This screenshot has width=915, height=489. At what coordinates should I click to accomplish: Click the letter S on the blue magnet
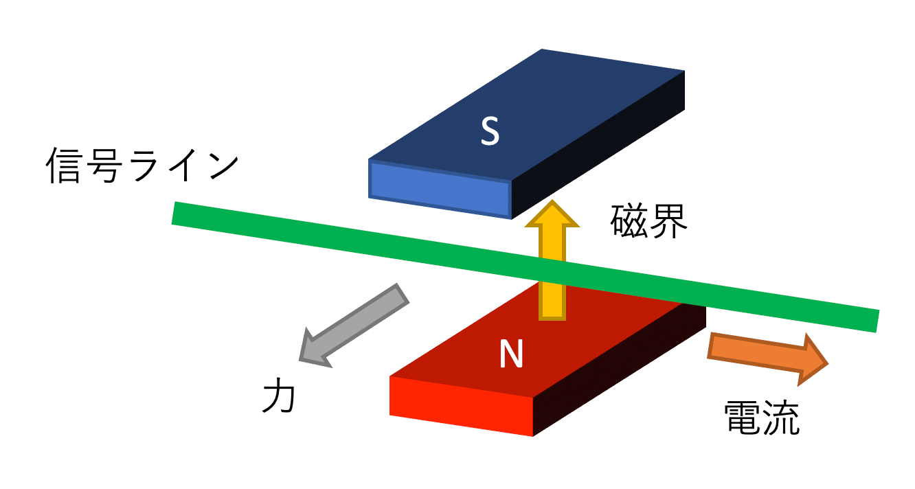489,132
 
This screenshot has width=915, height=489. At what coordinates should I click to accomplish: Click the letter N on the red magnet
511,354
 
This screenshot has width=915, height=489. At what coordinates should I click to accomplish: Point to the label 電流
762,417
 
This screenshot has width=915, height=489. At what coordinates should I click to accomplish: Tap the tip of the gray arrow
303,358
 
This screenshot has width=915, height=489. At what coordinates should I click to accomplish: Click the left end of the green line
176,213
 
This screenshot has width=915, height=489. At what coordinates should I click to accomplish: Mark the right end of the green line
875,321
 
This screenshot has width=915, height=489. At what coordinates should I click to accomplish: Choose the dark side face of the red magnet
618,371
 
